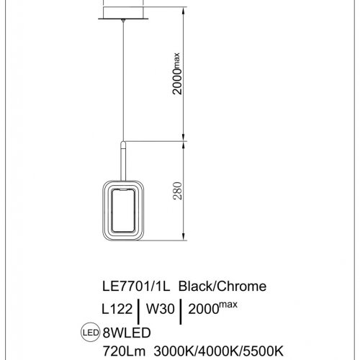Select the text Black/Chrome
(222, 286)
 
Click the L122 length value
(117, 309)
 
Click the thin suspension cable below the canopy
(125, 79)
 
